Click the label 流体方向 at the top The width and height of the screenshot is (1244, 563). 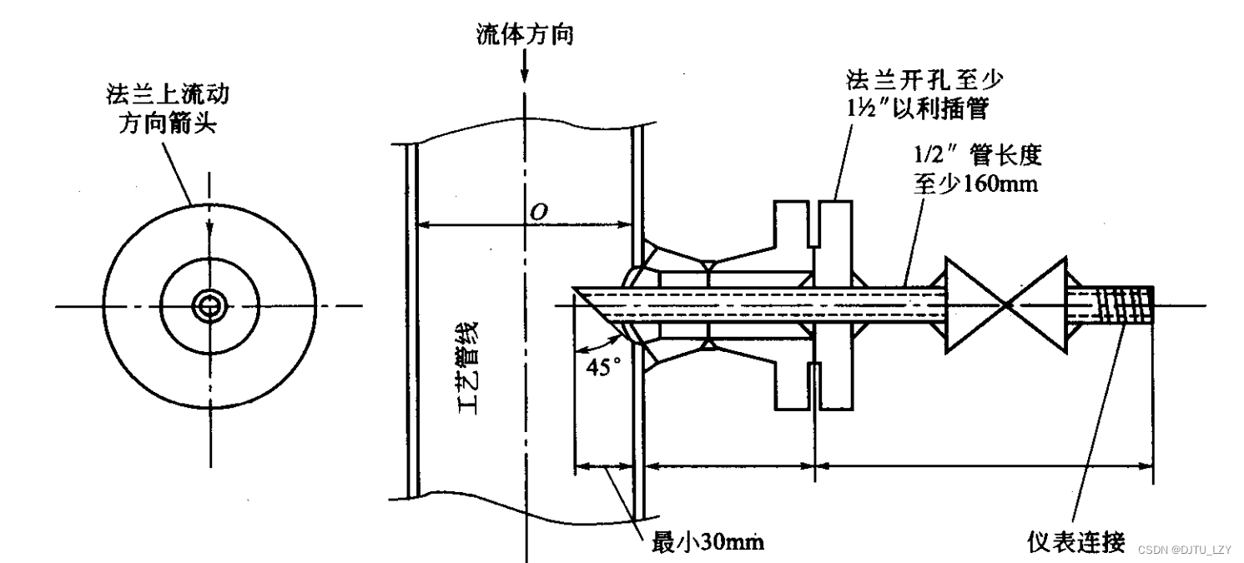(524, 35)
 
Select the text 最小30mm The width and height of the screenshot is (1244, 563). (707, 542)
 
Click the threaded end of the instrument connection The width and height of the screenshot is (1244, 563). (1125, 305)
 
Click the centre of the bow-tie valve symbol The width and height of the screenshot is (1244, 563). (1007, 305)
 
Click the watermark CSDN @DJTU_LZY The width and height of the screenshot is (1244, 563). (1184, 550)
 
